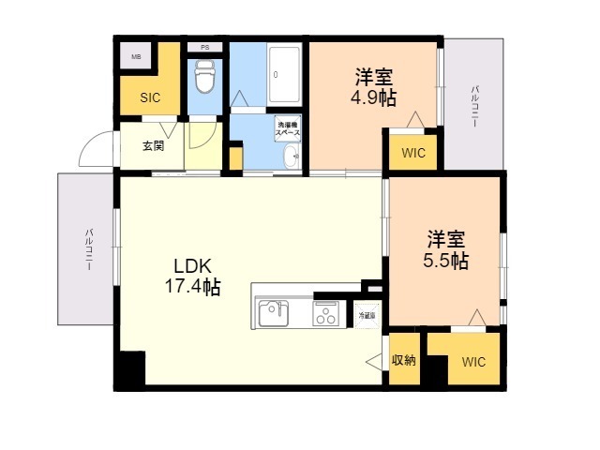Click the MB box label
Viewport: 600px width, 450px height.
[136, 57]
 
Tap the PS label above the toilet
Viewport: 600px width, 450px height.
[204, 47]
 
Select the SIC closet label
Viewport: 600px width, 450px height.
[151, 97]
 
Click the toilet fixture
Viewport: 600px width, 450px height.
[204, 78]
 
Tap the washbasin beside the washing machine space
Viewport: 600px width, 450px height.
[291, 156]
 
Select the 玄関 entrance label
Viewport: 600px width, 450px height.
[153, 146]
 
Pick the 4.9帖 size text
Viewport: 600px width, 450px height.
[374, 97]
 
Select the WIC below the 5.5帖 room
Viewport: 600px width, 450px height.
[473, 362]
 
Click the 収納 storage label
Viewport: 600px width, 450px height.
[404, 360]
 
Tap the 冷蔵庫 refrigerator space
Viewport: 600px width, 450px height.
[366, 316]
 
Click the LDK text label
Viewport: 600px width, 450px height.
[189, 265]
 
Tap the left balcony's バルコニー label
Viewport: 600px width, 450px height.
[89, 248]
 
